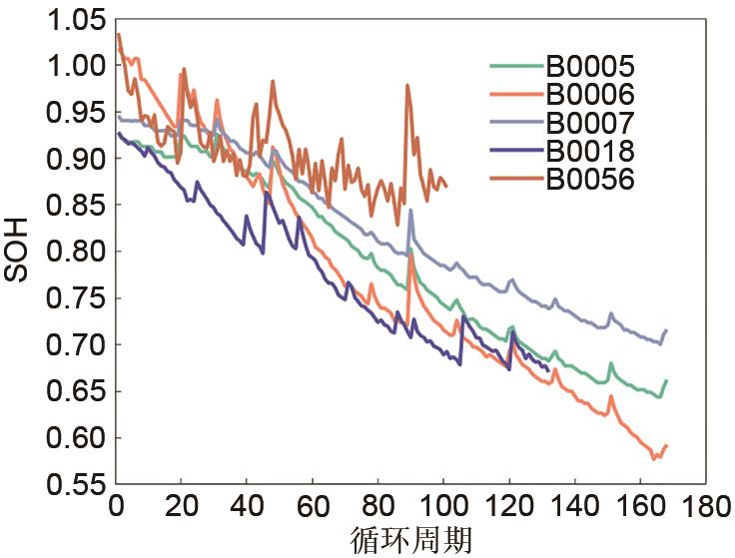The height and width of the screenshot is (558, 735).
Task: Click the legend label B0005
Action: tap(590, 68)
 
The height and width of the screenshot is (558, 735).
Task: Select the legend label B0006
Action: tap(590, 96)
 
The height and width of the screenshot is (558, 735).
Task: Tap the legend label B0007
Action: tap(590, 124)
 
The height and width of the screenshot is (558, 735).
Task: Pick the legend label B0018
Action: tap(590, 152)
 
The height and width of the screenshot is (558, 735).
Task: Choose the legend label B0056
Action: tap(590, 180)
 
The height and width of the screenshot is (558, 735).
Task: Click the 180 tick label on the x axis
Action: tap(706, 506)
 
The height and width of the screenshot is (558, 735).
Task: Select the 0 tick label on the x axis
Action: tap(117, 506)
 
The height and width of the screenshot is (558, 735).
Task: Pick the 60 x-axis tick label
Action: tap(313, 506)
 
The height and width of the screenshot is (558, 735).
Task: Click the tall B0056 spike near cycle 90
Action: tap(407, 86)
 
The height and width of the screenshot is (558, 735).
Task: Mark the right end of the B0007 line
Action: tap(666, 330)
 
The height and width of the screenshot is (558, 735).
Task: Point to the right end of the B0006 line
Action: tap(666, 445)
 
